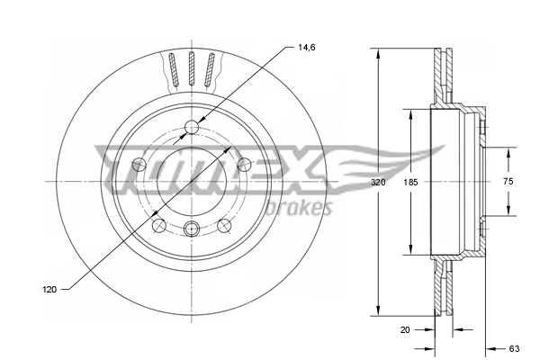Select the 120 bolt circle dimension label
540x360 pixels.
[x=50, y=289]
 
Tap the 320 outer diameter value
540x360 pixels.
[x=377, y=183]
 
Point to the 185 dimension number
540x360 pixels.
[x=410, y=183]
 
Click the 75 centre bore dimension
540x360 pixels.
[x=507, y=182]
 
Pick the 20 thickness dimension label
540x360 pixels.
[x=405, y=329]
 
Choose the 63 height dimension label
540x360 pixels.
[x=516, y=346]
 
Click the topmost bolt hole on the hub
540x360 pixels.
[x=191, y=127]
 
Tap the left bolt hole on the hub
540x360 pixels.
[x=139, y=164]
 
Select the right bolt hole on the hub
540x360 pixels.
[x=243, y=164]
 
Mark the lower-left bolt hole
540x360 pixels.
[x=158, y=225]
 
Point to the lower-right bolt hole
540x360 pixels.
[x=223, y=225]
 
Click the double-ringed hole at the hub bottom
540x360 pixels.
[x=191, y=229]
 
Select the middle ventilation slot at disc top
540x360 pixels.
[x=191, y=69]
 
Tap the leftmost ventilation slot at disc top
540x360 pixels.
[x=171, y=71]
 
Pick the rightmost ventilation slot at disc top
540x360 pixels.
[x=211, y=71]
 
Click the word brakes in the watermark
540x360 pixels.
[x=306, y=209]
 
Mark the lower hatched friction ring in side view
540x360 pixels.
[x=442, y=288]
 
